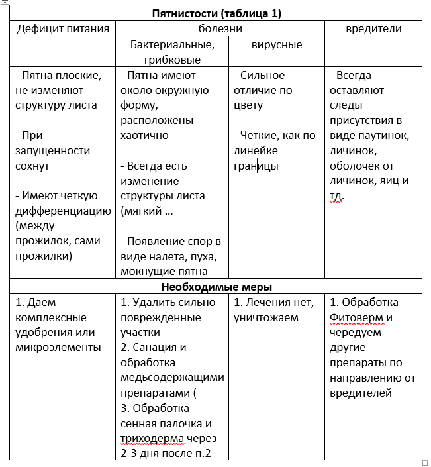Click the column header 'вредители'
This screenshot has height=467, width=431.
(x=374, y=29)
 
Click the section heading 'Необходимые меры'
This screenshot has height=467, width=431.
(x=216, y=287)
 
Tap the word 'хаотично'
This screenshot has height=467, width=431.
(x=144, y=135)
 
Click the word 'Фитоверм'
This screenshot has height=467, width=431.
(x=361, y=317)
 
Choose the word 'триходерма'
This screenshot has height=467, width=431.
(x=151, y=439)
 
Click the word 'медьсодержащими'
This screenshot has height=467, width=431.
(x=172, y=378)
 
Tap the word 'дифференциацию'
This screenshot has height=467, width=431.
(x=63, y=211)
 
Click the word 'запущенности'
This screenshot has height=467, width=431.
(x=52, y=150)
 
